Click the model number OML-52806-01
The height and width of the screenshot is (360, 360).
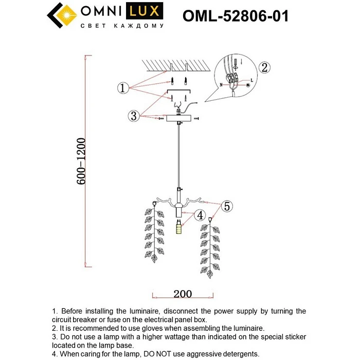pos(236,16)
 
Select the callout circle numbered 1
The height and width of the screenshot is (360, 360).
pos(122,88)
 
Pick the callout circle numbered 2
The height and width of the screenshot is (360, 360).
pos(264,67)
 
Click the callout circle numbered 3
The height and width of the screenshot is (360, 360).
pos(134,116)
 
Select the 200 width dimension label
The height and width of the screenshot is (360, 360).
pos(183,294)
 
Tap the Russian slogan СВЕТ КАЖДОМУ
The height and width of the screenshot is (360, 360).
pos(122,25)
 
